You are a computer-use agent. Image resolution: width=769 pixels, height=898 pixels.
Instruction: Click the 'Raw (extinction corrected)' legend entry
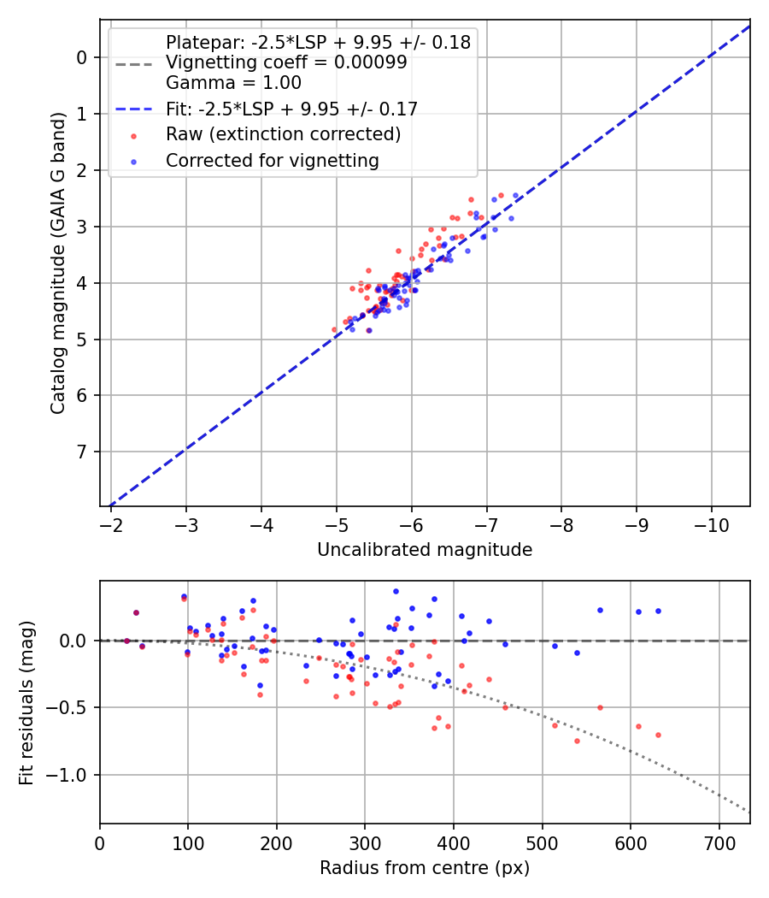(283, 134)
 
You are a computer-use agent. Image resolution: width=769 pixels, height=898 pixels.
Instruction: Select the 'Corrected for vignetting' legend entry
(272, 160)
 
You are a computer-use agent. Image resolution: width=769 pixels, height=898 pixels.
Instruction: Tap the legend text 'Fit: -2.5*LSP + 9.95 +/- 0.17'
(291, 109)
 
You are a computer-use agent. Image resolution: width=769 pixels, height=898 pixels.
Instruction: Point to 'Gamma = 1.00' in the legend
(233, 84)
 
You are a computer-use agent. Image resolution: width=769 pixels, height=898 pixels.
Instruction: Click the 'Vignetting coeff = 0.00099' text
(286, 62)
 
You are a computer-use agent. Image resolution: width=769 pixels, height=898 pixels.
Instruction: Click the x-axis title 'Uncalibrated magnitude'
(425, 550)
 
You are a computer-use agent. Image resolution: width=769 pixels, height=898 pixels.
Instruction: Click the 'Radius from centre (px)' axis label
(425, 868)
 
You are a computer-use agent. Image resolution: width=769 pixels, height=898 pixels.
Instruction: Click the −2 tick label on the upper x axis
(111, 524)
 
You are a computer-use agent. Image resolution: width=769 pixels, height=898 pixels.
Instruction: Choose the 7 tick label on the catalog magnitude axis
(82, 452)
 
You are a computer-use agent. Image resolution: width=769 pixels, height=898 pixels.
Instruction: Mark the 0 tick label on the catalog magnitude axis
(82, 57)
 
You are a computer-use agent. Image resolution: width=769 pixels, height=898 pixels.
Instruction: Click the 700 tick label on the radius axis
(719, 842)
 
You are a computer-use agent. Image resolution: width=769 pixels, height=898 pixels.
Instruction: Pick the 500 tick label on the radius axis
(542, 842)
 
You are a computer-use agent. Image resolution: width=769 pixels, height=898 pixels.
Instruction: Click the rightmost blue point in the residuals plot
(658, 611)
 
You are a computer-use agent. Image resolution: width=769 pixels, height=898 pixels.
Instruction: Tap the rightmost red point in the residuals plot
(658, 735)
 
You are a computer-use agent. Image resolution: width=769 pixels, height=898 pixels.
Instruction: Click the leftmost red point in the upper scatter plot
(335, 329)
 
